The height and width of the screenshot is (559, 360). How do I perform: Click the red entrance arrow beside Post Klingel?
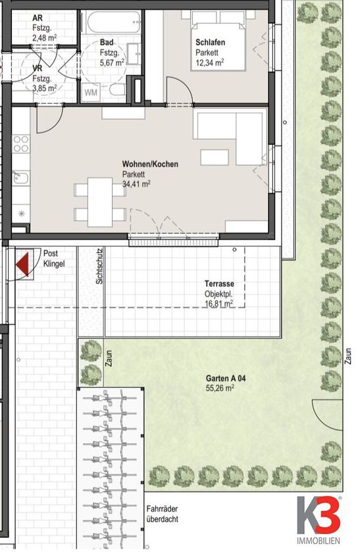[x=22, y=264]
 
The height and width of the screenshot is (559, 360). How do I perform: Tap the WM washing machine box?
[x=91, y=92]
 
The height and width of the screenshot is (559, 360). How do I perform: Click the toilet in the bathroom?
[x=116, y=89]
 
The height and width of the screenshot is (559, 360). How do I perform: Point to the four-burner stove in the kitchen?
[x=20, y=144]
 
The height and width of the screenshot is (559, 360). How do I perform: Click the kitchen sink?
[x=21, y=178]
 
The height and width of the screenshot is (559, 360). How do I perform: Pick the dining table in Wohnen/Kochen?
[x=100, y=202]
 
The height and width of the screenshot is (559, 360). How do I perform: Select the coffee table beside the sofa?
[x=215, y=157]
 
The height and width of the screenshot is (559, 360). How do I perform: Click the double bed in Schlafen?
[x=219, y=40]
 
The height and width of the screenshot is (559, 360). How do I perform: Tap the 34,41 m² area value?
[x=136, y=184]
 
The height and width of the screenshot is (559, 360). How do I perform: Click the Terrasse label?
[x=219, y=284]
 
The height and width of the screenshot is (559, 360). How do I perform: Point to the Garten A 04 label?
[x=226, y=378]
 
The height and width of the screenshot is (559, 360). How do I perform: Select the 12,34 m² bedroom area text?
[x=210, y=62]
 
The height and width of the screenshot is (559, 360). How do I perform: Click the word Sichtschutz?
[x=99, y=266]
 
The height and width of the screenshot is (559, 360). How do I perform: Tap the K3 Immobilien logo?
[x=319, y=520]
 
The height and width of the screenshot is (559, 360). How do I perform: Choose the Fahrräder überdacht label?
[x=162, y=514]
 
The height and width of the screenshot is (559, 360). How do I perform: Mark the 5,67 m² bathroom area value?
[x=113, y=62]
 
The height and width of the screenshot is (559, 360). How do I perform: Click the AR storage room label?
[x=37, y=18]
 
